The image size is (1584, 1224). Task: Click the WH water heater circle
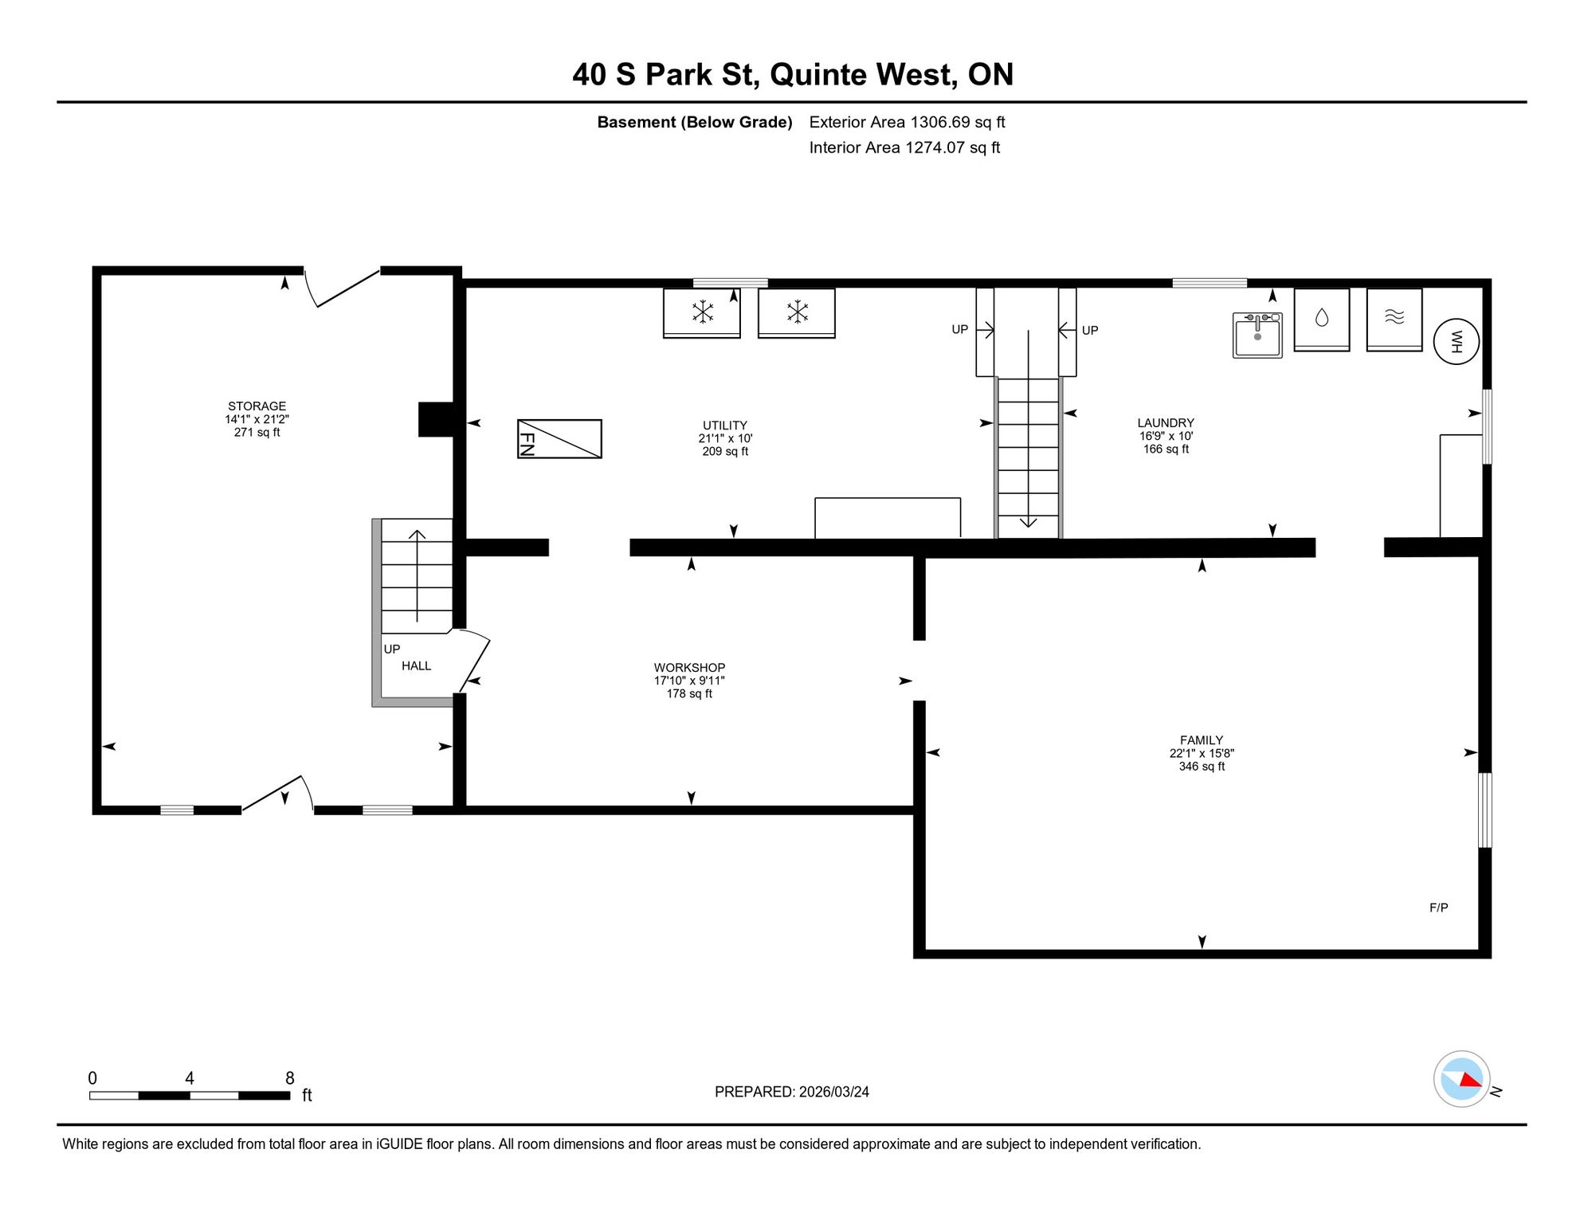(1456, 342)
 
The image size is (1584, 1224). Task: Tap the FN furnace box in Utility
(559, 438)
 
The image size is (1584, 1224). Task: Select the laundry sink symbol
(1257, 335)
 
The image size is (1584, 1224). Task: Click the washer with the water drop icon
(1322, 320)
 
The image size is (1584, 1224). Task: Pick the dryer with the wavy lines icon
(1394, 320)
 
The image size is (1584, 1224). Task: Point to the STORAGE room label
(257, 406)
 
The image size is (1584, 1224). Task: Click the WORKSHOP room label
(690, 668)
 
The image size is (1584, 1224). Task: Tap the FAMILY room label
(1202, 740)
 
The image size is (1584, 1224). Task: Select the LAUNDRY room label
(1166, 423)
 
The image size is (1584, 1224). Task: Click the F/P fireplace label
(1439, 908)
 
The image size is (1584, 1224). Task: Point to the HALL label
(416, 666)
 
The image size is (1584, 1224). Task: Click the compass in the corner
(1462, 1079)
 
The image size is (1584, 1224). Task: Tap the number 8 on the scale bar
(290, 1078)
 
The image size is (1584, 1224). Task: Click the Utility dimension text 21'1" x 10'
(725, 438)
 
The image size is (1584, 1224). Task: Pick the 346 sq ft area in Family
(1202, 767)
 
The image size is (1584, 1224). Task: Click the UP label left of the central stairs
(959, 329)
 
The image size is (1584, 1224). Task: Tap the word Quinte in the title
(818, 74)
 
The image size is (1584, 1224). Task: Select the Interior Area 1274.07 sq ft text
(904, 147)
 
